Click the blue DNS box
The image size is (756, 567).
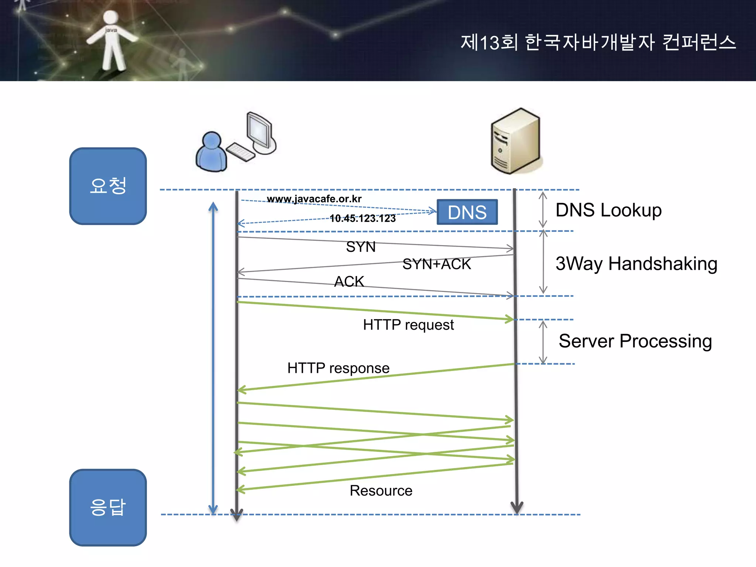[467, 212]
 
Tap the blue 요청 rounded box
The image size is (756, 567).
[108, 186]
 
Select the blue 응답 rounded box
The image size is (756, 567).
[108, 507]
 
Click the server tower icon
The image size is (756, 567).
[516, 141]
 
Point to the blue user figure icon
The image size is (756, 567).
[211, 152]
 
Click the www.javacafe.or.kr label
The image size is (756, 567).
[314, 199]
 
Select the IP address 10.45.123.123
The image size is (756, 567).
[362, 219]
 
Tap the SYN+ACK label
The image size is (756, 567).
[437, 264]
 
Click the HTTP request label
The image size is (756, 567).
[408, 325]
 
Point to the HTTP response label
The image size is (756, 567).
[338, 368]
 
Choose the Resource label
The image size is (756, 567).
[381, 491]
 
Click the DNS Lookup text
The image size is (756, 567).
[608, 210]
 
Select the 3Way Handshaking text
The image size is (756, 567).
[636, 264]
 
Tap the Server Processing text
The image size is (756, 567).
[635, 341]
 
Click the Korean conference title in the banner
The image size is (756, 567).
[598, 42]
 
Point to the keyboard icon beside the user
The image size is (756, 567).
[240, 152]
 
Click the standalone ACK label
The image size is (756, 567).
[349, 282]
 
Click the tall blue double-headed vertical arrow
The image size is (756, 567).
[213, 358]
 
